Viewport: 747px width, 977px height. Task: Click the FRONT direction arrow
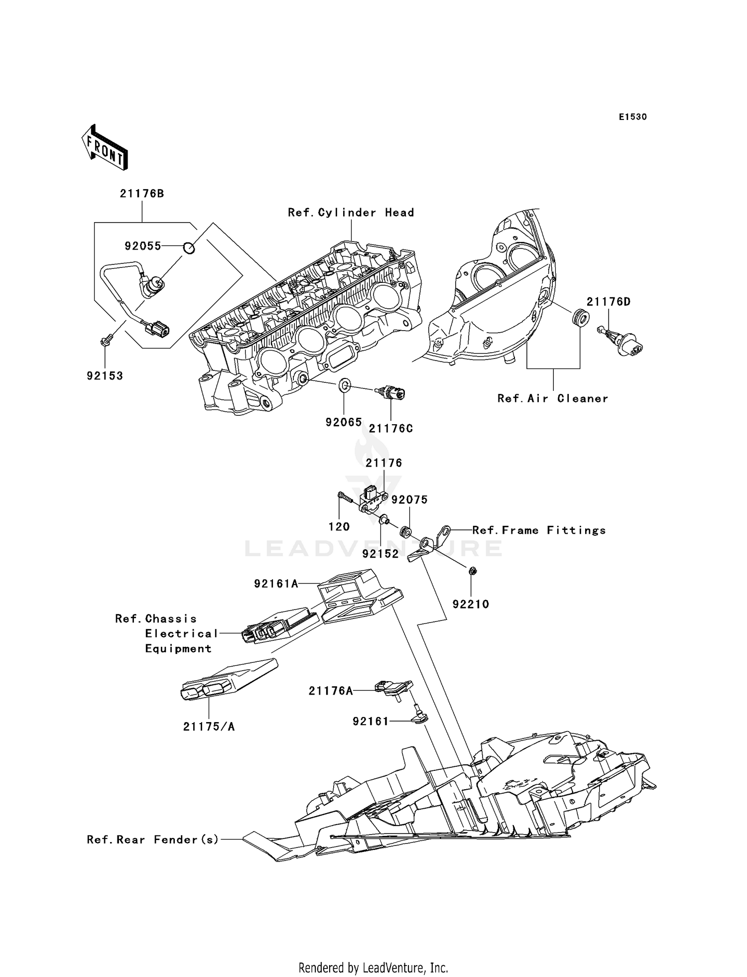[x=105, y=148]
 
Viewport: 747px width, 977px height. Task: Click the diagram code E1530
[x=632, y=117]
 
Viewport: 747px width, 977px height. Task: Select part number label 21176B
[x=142, y=194]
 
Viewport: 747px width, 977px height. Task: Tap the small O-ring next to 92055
[x=189, y=246]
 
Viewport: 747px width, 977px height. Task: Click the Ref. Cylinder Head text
[x=351, y=213]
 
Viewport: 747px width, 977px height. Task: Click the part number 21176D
[x=609, y=302]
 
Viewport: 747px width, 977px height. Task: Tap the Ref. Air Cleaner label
[x=553, y=398]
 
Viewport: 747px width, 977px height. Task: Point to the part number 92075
[x=409, y=499]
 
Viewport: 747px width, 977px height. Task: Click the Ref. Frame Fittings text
[x=539, y=530]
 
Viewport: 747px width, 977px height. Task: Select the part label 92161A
[x=276, y=584]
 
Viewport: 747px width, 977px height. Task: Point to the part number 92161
[x=371, y=721]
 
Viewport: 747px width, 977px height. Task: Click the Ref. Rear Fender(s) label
[x=153, y=840]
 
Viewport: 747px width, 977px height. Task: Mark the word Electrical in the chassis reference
[x=182, y=633]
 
